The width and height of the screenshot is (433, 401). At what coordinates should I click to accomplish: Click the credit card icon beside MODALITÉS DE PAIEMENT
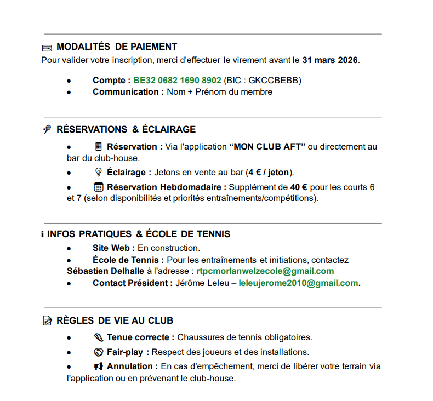(47, 48)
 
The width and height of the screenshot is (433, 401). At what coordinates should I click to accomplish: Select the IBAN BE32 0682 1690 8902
(177, 81)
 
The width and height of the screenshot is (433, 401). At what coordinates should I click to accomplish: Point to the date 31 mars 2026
(331, 60)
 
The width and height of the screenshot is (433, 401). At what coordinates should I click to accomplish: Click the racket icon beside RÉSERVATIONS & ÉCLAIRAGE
(47, 130)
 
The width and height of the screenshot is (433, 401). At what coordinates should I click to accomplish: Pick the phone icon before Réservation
(99, 147)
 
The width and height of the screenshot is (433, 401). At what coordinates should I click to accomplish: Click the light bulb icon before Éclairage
(99, 172)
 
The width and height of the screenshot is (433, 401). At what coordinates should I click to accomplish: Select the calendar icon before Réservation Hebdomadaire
(99, 187)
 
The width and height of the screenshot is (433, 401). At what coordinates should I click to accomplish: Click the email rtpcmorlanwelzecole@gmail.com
(265, 271)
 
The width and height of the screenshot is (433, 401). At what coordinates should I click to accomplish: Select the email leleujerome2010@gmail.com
(298, 283)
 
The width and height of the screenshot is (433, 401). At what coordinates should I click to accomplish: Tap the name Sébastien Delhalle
(106, 271)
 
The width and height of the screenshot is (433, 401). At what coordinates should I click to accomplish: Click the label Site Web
(113, 248)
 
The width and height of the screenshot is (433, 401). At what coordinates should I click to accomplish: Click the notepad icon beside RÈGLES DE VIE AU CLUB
(47, 320)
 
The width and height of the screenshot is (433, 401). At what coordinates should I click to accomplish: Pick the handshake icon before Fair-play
(99, 352)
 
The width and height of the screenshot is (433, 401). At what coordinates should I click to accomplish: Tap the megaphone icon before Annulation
(99, 366)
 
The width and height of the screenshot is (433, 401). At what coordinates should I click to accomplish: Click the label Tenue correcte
(140, 337)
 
